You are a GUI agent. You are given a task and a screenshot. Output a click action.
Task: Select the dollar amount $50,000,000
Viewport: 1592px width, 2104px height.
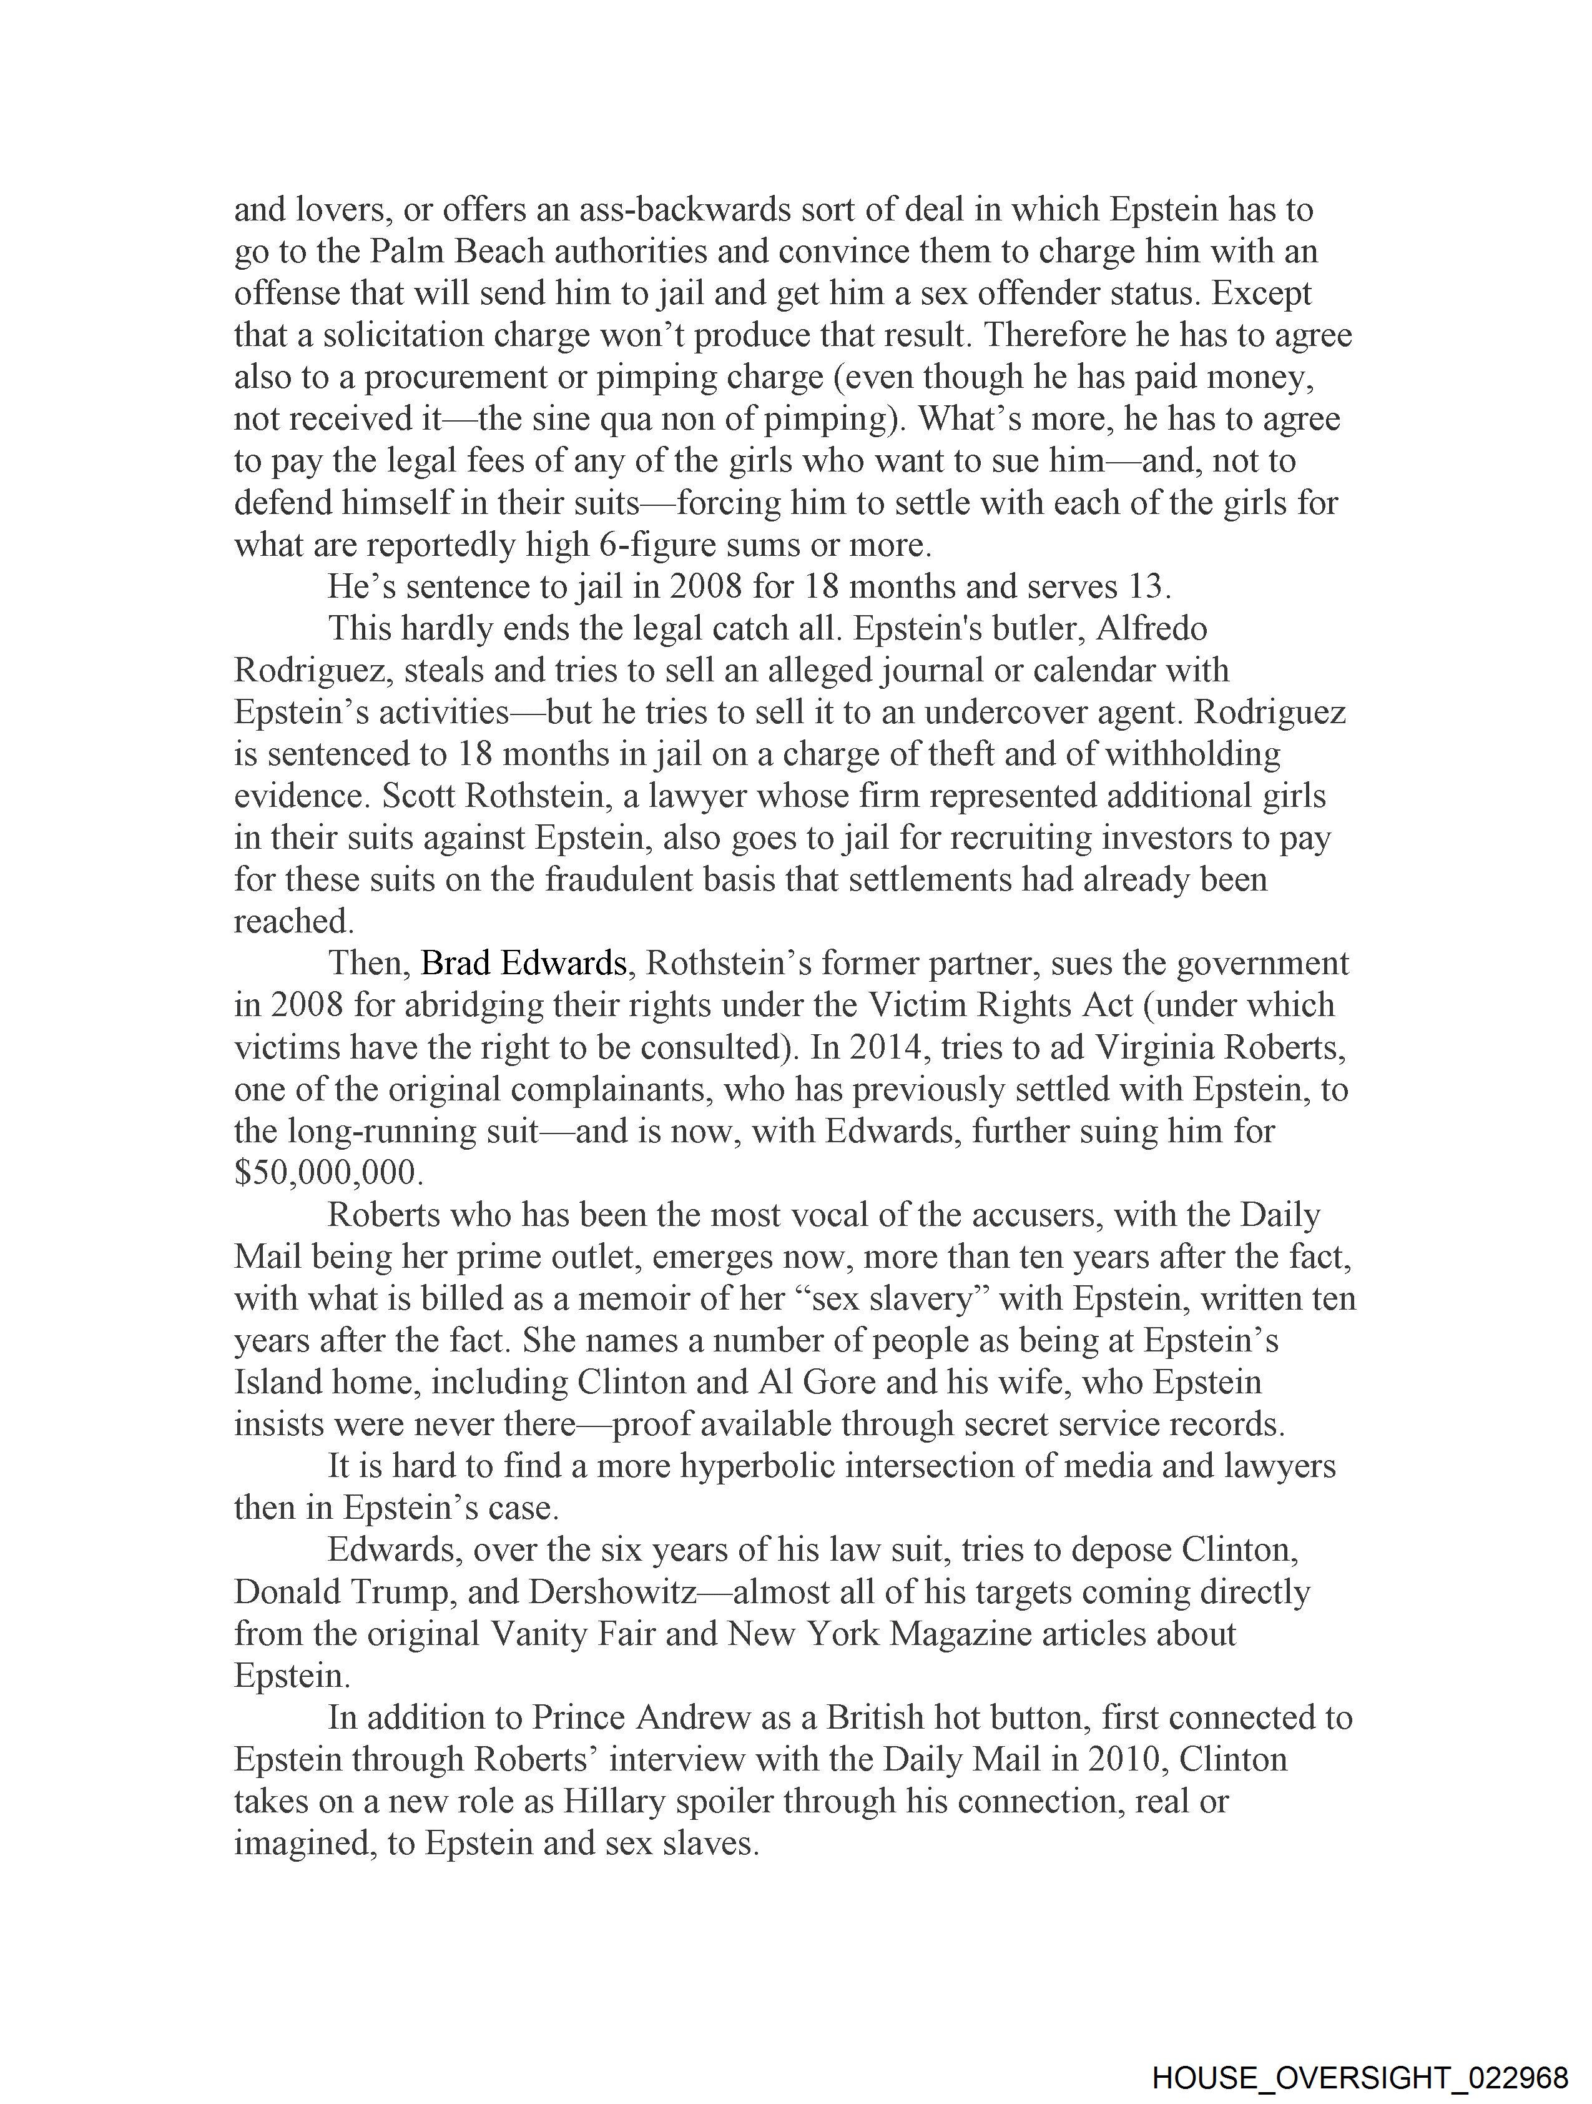click(x=328, y=1173)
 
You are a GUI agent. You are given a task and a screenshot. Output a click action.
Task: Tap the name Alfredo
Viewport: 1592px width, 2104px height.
click(x=1150, y=629)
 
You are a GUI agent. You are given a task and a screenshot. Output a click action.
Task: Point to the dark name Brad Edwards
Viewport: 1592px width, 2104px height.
click(x=523, y=964)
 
